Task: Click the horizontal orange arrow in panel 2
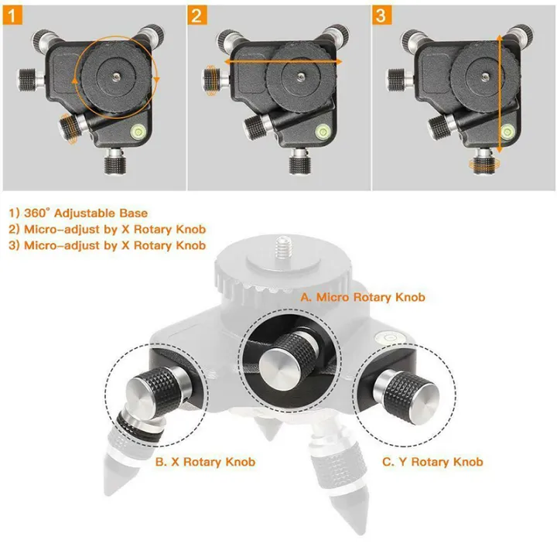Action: (x=282, y=59)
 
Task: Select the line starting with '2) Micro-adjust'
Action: (x=108, y=229)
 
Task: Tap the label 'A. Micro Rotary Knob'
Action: (x=363, y=297)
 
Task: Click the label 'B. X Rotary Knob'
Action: (x=205, y=462)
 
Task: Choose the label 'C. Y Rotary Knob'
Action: (x=433, y=462)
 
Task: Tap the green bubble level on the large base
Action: (x=384, y=338)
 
